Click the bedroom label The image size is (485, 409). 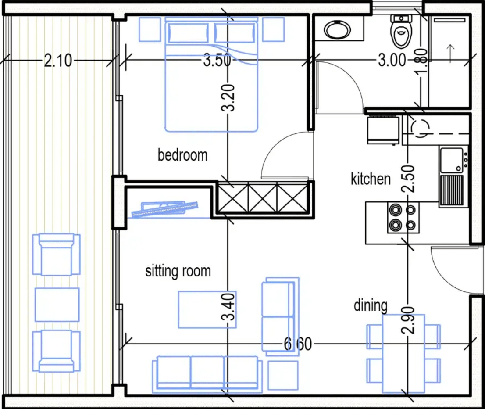[x=182, y=155]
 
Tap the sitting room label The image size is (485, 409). [x=178, y=271]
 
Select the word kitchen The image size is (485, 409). [x=371, y=179]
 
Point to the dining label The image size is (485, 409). [x=371, y=305]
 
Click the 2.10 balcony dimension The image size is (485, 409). [x=58, y=61]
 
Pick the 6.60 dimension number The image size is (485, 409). [x=298, y=344]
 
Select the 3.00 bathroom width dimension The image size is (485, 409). [x=392, y=60]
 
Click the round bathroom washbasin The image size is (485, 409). [x=338, y=30]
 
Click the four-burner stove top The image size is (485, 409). [x=403, y=218]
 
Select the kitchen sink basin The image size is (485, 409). [x=452, y=160]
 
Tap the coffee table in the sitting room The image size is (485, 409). [x=207, y=309]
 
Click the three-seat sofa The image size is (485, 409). [x=205, y=374]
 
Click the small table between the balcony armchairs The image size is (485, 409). [x=57, y=305]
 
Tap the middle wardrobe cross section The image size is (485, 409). [x=263, y=197]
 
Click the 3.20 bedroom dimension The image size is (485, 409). [x=228, y=98]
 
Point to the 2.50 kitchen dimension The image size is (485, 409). [x=408, y=179]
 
